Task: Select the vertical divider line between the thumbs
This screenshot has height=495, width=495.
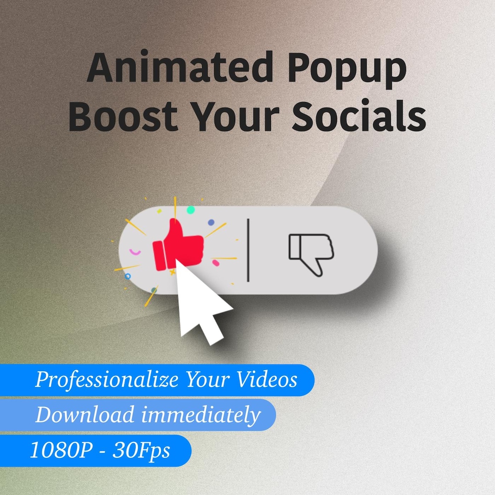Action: coord(248,250)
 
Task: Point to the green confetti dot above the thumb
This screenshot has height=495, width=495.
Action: coord(190,210)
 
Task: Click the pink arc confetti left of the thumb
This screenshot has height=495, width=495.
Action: coord(135,252)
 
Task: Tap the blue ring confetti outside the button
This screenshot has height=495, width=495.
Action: coord(128,277)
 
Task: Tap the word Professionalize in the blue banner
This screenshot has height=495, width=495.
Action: coord(108,380)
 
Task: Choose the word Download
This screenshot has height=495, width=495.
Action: coord(85,415)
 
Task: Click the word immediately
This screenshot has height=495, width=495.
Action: coord(200,415)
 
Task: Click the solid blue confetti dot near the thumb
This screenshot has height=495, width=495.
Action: coord(211,222)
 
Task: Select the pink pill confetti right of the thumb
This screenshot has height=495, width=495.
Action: coord(216,263)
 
